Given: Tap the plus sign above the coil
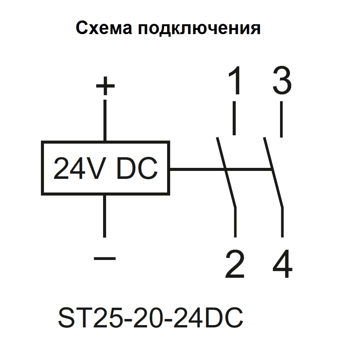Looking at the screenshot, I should click(105, 86).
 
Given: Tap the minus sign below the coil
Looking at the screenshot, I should click(105, 258).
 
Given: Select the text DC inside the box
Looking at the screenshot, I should click(136, 169).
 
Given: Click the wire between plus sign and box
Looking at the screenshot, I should click(105, 121).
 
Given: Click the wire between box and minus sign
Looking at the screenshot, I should click(105, 216).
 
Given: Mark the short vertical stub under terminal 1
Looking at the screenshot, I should click(235, 118).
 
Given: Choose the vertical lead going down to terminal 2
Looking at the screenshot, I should click(236, 222).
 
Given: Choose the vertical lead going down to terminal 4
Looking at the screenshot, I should click(282, 222).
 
